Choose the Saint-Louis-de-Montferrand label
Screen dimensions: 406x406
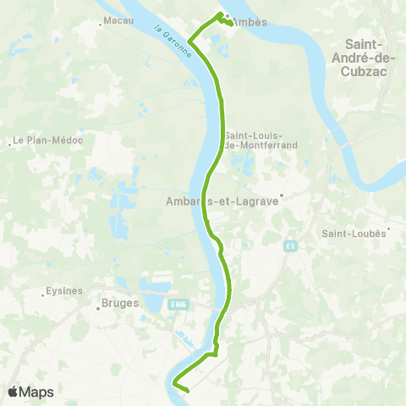253,141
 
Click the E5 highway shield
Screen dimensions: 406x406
290,245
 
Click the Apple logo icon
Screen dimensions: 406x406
14,392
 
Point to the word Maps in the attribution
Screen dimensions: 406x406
37,392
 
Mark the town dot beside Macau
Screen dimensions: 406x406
101,24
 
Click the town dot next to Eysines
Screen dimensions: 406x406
44,294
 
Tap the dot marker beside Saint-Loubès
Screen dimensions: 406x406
388,228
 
